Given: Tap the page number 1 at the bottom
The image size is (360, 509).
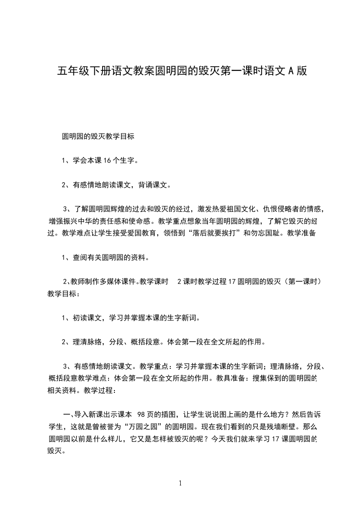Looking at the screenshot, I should tap(180, 484).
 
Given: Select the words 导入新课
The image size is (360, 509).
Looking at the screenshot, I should tap(89, 414).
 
